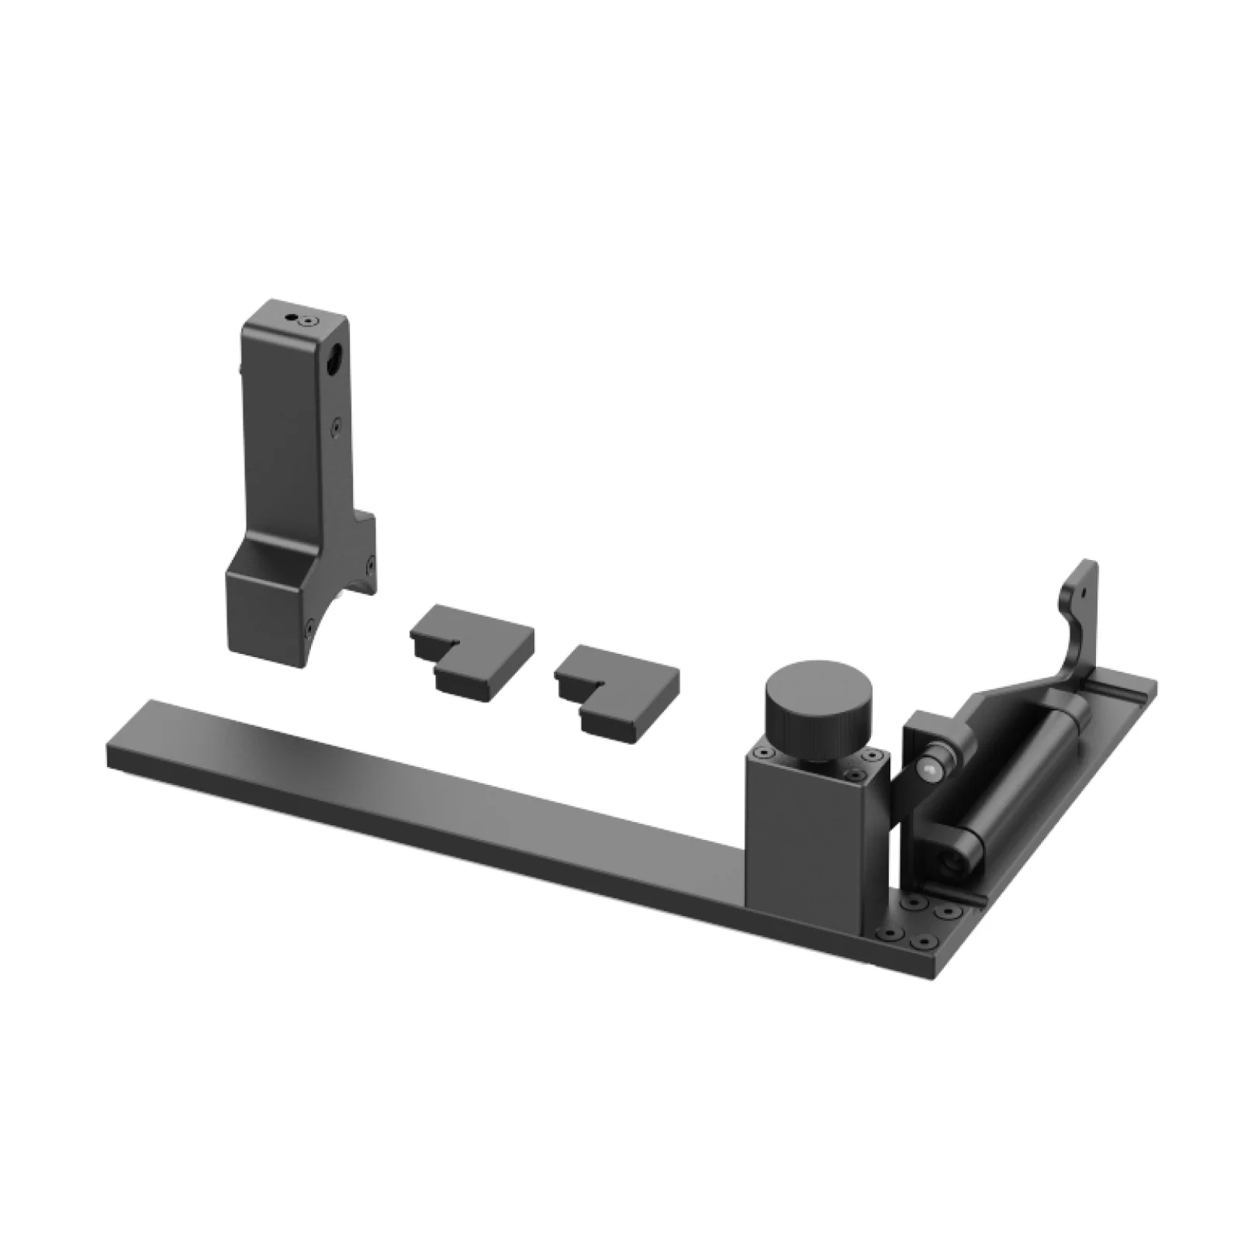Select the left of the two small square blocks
coord(472,643)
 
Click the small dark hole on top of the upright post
coord(291,317)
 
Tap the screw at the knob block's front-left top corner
coord(765,753)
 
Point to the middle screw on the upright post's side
coord(335,425)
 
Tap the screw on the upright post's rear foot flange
coord(370,560)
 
